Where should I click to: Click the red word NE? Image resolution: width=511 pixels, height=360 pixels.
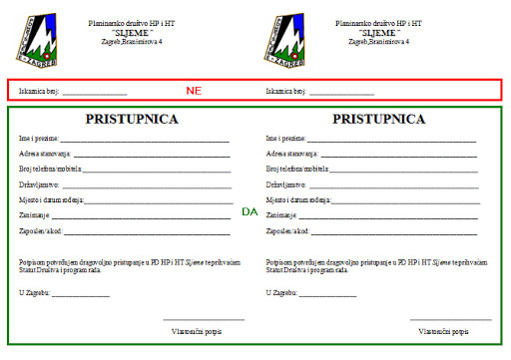pos(194,91)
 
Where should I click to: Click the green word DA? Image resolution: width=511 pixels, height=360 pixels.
pos(250,212)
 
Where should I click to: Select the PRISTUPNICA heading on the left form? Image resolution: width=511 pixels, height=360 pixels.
pos(132,119)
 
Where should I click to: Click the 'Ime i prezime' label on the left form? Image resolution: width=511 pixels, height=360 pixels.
pos(39,138)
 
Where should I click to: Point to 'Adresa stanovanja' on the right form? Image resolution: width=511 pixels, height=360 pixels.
pos(292,155)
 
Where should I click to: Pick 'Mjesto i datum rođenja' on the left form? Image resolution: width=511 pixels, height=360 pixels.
pos(50,200)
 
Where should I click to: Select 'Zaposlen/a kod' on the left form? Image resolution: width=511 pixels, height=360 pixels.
pos(41,230)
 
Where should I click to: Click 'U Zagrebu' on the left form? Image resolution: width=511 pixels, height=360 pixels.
pos(35,292)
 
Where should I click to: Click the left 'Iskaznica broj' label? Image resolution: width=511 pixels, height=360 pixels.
pos(39,91)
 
